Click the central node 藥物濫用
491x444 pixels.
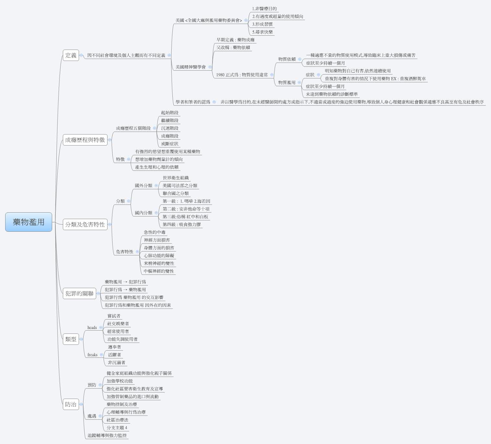click(29, 222)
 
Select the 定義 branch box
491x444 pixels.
click(71, 55)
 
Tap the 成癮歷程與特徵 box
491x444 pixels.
click(85, 140)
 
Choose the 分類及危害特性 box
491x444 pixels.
click(85, 224)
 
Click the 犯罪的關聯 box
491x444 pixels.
click(79, 293)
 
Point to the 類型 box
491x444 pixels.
click(71, 339)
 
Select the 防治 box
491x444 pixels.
click(71, 404)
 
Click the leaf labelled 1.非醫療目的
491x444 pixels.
click(264, 9)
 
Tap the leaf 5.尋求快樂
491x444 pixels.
click(262, 32)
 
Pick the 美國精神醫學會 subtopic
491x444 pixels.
click(190, 67)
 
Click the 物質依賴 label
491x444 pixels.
click(287, 59)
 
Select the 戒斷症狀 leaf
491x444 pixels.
click(170, 144)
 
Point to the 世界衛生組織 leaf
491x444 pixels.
click(176, 178)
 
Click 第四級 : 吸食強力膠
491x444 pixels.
click(182, 225)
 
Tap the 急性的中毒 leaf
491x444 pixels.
click(154, 232)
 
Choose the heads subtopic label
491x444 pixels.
click(92, 328)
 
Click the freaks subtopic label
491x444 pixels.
click(92, 355)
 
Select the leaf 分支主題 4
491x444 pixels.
click(117, 428)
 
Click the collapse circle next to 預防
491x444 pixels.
click(100, 385)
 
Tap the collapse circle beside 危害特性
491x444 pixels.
click(137, 252)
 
